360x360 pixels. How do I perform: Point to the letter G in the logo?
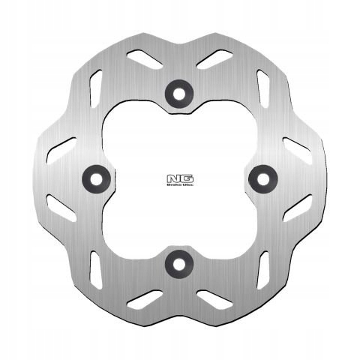[x=183, y=178]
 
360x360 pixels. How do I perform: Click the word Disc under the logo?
[x=185, y=185]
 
